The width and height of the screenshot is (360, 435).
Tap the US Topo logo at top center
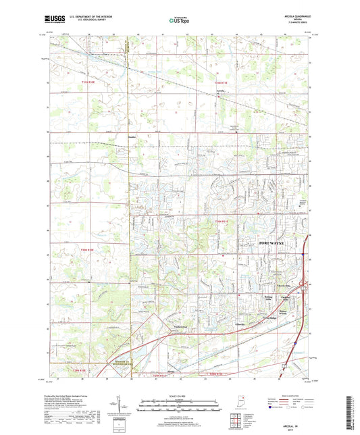tap(178, 22)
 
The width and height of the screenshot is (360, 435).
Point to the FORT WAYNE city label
tap(277, 242)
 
